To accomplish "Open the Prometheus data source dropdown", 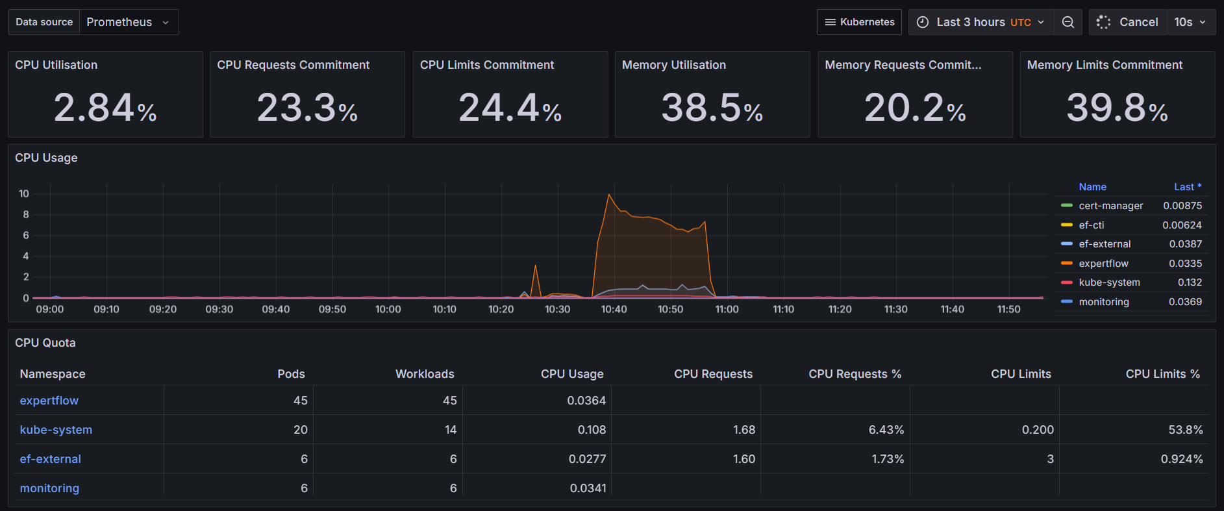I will pyautogui.click(x=128, y=22).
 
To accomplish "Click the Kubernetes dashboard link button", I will pyautogui.click(x=859, y=22).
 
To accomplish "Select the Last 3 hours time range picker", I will pyautogui.click(x=980, y=22).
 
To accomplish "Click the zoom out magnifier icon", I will pyautogui.click(x=1068, y=22).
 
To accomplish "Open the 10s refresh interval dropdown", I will pyautogui.click(x=1190, y=22).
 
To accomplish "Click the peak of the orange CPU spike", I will pyautogui.click(x=609, y=195).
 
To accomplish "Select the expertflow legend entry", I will pyautogui.click(x=1103, y=264).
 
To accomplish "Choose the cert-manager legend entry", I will pyautogui.click(x=1110, y=206).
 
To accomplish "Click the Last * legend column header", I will pyautogui.click(x=1187, y=187).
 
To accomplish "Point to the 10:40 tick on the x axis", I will pyautogui.click(x=614, y=309).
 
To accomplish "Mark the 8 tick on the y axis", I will pyautogui.click(x=26, y=214).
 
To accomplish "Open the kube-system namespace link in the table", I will pyautogui.click(x=56, y=430).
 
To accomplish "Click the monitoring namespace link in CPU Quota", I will pyautogui.click(x=49, y=488).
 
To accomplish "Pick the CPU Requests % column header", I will pyautogui.click(x=855, y=374).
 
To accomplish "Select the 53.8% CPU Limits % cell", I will pyautogui.click(x=1185, y=430).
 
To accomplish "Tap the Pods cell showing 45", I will pyautogui.click(x=300, y=401).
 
